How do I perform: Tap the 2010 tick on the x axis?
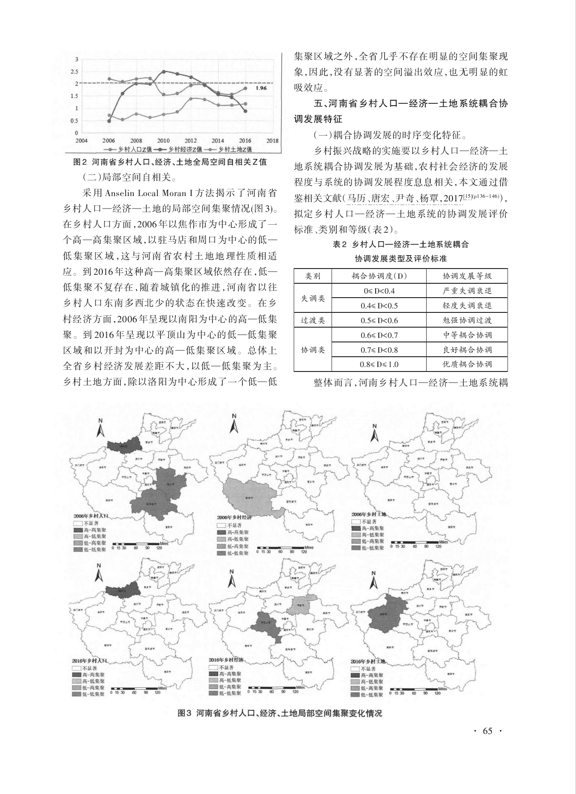164,140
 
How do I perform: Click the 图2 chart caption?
169,162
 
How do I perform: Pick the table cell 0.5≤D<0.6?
379,320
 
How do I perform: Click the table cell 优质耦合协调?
467,364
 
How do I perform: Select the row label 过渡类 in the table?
312,320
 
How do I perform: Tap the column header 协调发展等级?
467,276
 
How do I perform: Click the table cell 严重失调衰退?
467,291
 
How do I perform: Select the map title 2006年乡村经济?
234,517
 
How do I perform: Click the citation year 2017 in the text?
451,197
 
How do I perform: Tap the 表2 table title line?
401,244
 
